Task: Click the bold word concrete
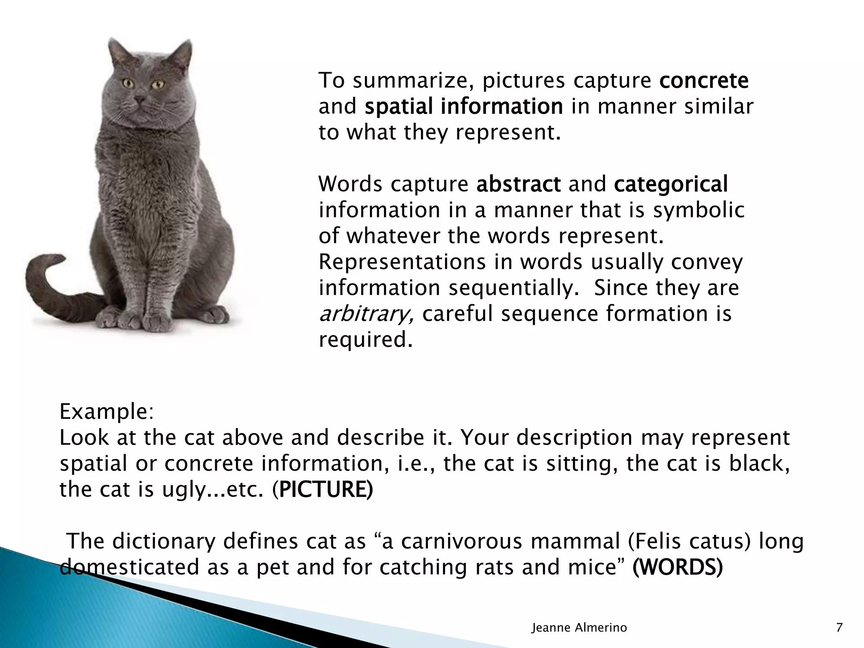click(704, 81)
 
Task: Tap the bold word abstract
click(518, 184)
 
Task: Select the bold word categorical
click(671, 184)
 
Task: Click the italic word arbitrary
click(365, 314)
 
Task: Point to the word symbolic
click(699, 210)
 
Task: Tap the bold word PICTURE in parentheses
click(326, 490)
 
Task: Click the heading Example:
click(107, 412)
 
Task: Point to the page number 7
click(839, 628)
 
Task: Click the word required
click(365, 340)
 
